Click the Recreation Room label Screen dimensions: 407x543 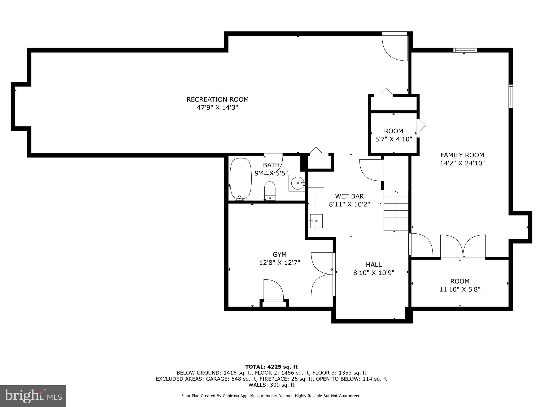[217, 100]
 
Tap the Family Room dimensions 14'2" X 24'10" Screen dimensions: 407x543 [462, 163]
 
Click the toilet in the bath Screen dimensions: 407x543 [270, 190]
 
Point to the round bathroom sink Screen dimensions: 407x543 [297, 183]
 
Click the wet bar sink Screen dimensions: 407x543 [316, 221]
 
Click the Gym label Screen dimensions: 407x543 [279, 255]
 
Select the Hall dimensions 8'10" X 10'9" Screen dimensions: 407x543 [374, 273]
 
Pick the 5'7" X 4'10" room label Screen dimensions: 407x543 [393, 135]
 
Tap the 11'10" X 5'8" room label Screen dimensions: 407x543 [460, 285]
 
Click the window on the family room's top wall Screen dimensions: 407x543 [465, 50]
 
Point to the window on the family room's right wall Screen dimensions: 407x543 [510, 96]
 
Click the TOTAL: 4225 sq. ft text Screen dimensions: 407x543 [271, 367]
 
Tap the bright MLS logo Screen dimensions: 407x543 [33, 396]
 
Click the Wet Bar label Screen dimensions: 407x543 [349, 196]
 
